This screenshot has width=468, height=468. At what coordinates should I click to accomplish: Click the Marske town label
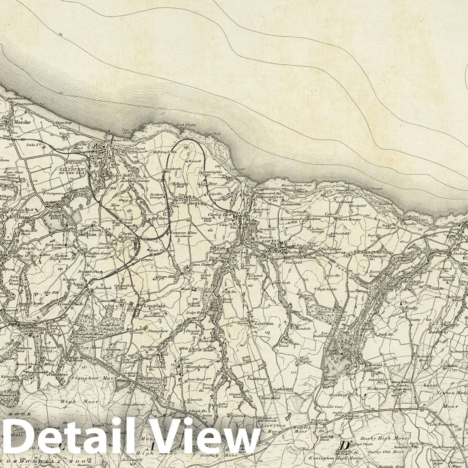(x=22, y=122)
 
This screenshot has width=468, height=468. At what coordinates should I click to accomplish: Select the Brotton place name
(x=197, y=203)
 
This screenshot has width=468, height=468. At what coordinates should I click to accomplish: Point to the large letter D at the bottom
(x=344, y=446)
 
